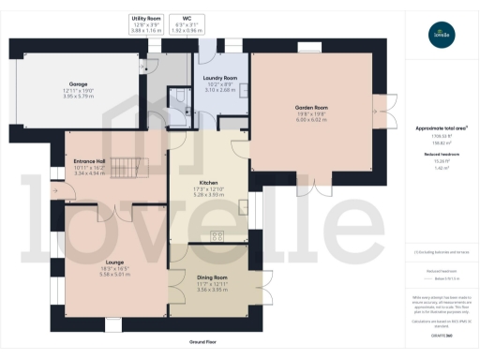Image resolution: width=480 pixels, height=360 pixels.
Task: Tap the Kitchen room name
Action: pos(209,183)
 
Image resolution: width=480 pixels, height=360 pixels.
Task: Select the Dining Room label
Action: pos(213,277)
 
